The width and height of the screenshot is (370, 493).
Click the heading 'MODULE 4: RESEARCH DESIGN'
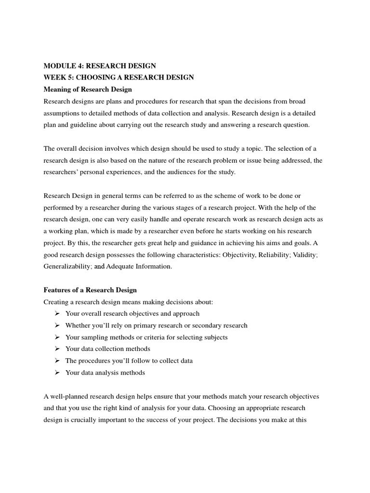[100, 65]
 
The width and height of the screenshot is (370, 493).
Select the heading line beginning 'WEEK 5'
[119, 78]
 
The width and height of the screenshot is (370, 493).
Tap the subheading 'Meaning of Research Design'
[88, 90]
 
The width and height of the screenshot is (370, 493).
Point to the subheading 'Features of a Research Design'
[90, 290]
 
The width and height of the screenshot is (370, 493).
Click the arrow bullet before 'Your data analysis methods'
[57, 372]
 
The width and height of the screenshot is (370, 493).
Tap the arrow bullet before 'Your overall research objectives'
[57, 313]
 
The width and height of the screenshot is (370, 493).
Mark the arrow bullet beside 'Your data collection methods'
[57, 349]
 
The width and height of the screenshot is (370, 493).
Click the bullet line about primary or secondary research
[156, 325]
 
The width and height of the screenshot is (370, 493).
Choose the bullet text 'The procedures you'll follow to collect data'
[129, 361]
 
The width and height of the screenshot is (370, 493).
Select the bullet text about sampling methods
[146, 337]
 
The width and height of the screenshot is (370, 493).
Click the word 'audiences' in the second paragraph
[176, 172]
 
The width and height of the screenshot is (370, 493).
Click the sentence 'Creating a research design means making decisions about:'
[128, 302]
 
